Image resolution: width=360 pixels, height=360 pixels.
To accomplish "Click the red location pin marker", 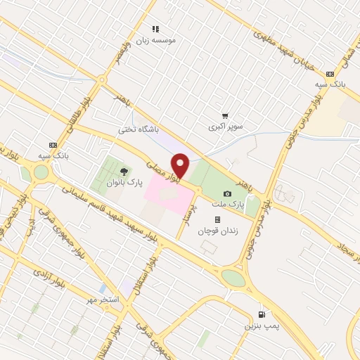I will click(181, 166).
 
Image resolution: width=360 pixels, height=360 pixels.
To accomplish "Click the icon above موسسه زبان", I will click(156, 29).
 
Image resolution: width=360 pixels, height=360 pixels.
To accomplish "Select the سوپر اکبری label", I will click(224, 127).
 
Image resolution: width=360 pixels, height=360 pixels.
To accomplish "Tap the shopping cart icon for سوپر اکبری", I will click(225, 116).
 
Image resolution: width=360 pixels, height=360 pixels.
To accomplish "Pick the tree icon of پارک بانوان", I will click(124, 171).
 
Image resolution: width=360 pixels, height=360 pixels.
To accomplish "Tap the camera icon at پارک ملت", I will click(226, 194).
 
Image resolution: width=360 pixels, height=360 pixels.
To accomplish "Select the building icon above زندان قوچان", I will click(217, 219).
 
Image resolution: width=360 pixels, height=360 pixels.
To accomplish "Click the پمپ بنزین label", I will click(257, 326).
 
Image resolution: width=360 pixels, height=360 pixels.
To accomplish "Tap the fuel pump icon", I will click(262, 315).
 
